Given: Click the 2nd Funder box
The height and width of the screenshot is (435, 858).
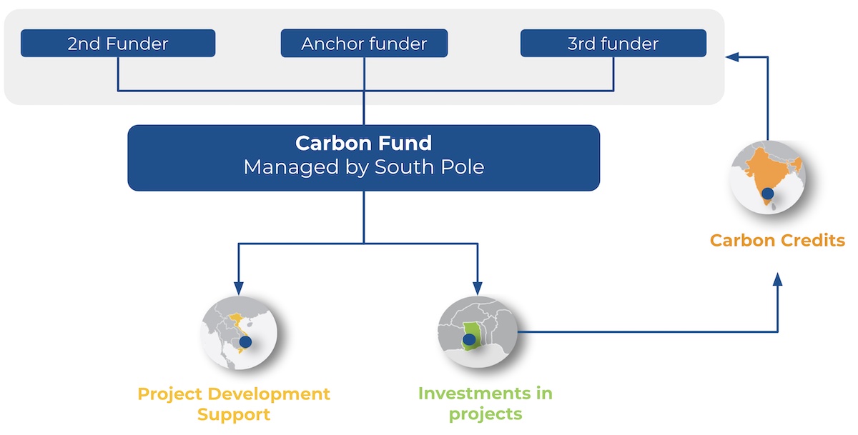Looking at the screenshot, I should [118, 44].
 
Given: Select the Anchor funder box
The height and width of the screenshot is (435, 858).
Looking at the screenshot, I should [364, 44].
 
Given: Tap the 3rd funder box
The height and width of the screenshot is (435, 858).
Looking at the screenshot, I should [613, 44].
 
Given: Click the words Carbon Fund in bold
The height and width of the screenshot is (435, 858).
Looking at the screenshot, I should [363, 143].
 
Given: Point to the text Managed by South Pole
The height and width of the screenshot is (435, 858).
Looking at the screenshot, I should [363, 167].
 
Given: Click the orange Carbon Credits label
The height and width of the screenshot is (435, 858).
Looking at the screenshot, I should [777, 240].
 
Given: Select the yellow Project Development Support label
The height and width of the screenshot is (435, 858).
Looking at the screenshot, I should [234, 404].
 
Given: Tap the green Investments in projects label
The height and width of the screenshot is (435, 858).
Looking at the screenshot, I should [485, 404].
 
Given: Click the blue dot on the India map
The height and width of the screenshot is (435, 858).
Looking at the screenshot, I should [768, 193].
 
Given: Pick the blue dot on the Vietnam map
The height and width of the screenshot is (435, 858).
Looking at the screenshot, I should [245, 342].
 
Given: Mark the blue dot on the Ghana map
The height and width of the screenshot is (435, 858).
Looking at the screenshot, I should [470, 339].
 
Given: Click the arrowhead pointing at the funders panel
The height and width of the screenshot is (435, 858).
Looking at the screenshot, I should [731, 56].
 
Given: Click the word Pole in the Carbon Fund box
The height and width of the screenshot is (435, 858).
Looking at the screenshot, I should [465, 167].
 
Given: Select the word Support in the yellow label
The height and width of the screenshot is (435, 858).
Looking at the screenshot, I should [234, 414].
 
